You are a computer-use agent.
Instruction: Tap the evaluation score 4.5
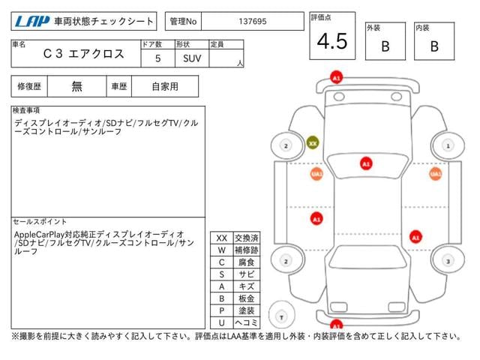[332, 42]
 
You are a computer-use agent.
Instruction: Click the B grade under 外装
[385, 45]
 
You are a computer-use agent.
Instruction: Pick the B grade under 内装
[434, 45]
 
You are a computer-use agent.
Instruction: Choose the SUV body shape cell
[191, 58]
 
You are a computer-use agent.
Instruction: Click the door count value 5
[157, 58]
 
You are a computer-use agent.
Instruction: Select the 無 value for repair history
[76, 86]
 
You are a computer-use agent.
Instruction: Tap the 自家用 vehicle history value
[165, 86]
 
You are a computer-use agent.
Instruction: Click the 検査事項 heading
[27, 110]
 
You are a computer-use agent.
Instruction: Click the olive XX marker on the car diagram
[313, 142]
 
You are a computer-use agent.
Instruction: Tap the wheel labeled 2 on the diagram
[285, 145]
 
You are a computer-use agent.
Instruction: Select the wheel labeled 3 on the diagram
[447, 261]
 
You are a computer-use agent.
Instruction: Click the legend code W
[221, 250]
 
